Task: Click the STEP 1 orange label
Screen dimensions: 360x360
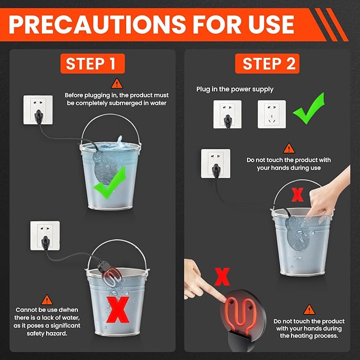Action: [93, 64]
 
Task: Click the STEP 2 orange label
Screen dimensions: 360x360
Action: [267, 64]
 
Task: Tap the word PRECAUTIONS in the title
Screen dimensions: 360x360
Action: [97, 24]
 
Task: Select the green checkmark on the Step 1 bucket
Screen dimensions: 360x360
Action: [110, 182]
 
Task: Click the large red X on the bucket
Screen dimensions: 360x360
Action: [118, 310]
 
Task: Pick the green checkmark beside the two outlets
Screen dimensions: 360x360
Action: [309, 108]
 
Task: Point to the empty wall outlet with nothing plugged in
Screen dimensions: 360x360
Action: [271, 114]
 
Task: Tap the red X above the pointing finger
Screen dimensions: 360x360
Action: [222, 277]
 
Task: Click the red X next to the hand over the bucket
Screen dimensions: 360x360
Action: [297, 195]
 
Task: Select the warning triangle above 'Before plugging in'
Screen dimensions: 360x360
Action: [117, 84]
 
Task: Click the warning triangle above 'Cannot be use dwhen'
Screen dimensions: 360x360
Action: [47, 300]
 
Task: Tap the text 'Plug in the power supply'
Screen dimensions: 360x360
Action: [235, 89]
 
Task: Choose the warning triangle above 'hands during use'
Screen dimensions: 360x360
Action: [289, 148]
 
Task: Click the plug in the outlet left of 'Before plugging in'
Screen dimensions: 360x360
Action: [38, 116]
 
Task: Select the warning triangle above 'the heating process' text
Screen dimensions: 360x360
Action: [309, 310]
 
